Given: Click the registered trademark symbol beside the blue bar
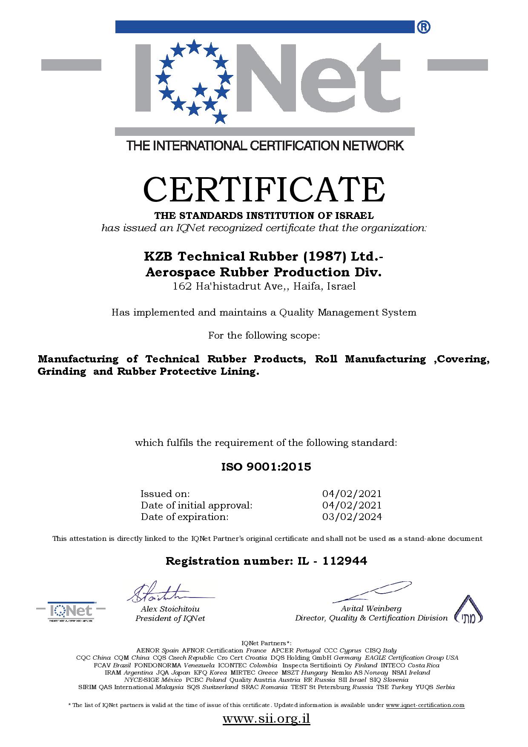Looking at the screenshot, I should (x=424, y=27).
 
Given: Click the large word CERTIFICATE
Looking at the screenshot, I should (x=264, y=189).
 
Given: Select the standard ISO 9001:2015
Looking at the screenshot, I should (x=266, y=467).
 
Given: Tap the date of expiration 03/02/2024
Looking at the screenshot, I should (x=352, y=517).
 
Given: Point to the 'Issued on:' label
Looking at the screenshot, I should (x=165, y=494).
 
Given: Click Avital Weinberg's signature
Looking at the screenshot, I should (x=370, y=592).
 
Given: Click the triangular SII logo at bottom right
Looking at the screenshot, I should (x=468, y=610).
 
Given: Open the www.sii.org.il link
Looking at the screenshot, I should (x=266, y=719).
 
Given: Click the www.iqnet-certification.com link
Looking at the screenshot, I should (x=425, y=705).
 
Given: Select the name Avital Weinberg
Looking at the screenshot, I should (x=371, y=609).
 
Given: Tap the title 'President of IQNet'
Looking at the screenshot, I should (x=170, y=618).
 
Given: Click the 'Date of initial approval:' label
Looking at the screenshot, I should (x=197, y=505).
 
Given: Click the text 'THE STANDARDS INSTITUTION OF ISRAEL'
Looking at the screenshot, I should (x=264, y=215).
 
